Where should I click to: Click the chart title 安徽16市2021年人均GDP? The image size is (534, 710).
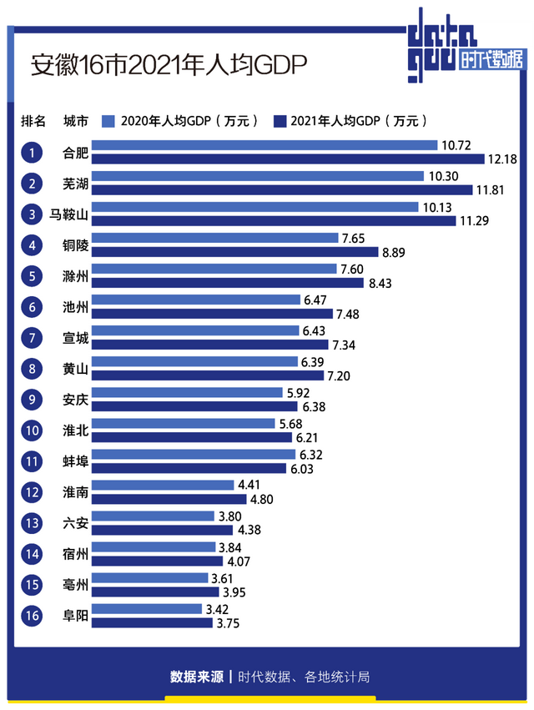pos(170,64)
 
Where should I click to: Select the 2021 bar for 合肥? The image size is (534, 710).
pos(288,159)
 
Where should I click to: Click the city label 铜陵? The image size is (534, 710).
pos(76,245)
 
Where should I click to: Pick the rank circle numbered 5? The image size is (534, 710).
pos(33,276)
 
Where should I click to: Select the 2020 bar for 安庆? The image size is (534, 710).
pos(187,392)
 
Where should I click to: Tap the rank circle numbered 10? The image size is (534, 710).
pos(33,431)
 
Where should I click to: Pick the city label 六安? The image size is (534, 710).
pos(76,523)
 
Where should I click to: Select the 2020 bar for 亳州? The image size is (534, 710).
pos(149,577)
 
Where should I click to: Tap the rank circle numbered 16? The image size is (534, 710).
pos(33,616)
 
